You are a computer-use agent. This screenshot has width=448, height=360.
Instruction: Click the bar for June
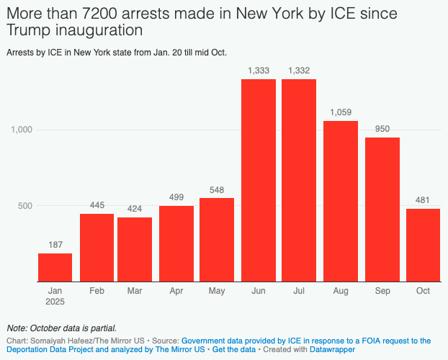pos(258,180)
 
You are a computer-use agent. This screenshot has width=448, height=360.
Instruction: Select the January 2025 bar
pos(55,267)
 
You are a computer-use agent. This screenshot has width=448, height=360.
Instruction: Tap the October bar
pos(423,245)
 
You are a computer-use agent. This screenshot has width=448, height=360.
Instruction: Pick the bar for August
pos(341,201)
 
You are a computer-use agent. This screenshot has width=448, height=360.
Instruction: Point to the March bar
pos(135,249)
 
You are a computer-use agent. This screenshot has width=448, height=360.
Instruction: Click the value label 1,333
pos(258,70)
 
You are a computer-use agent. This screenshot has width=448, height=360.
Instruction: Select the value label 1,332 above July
pos(299,70)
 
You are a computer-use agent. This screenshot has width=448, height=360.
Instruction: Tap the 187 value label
pos(55,245)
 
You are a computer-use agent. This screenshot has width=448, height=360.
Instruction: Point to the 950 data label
pos(382,129)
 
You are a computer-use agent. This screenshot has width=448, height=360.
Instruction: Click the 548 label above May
pos(217,189)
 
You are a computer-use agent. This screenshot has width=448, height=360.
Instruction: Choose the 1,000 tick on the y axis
pos(22,130)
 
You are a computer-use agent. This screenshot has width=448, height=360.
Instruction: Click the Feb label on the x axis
pos(97,291)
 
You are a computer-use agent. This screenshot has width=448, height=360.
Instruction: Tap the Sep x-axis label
pos(382,291)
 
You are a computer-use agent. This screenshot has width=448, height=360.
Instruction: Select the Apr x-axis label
pos(176,291)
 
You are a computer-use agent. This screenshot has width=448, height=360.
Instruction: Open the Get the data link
pos(233,349)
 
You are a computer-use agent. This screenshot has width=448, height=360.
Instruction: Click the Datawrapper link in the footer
pos(333,349)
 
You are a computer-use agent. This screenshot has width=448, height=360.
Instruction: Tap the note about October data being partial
pos(61,328)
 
